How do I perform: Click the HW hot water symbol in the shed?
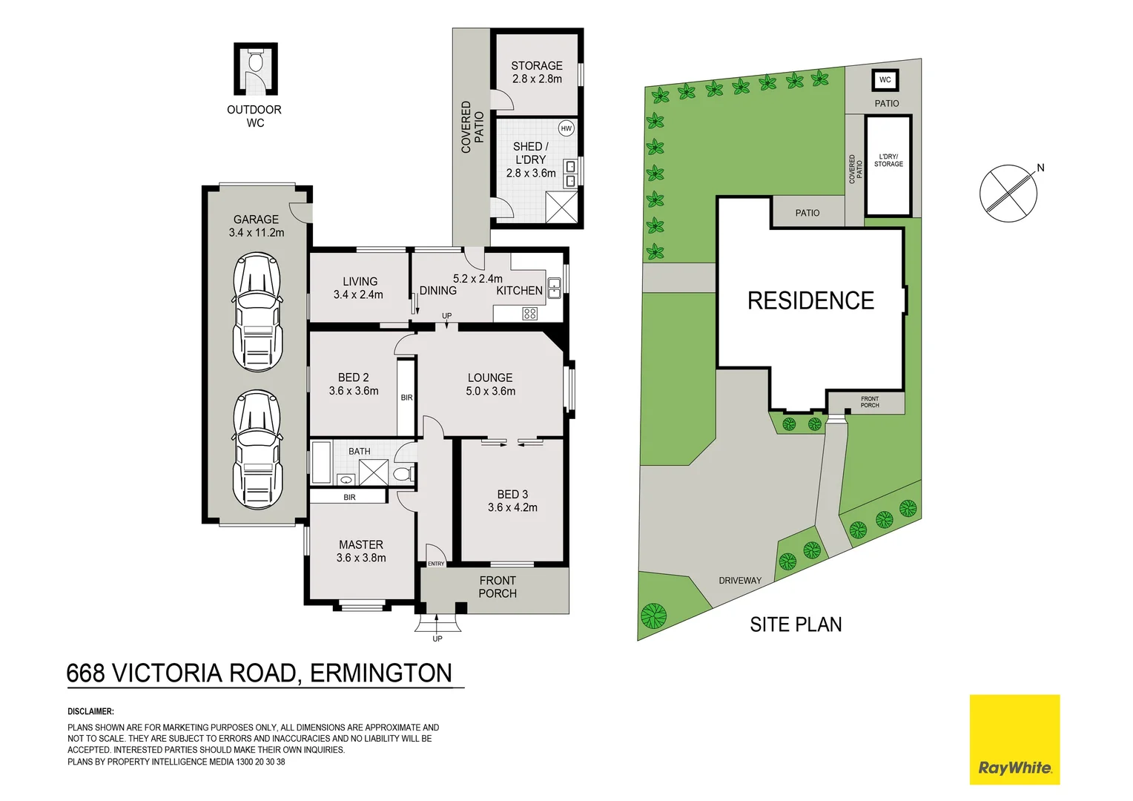pyautogui.click(x=566, y=128)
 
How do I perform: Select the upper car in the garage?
pyautogui.click(x=257, y=311)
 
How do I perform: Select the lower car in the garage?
pyautogui.click(x=257, y=449)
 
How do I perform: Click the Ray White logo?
pyautogui.click(x=1014, y=739)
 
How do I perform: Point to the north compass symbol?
pyautogui.click(x=1008, y=193)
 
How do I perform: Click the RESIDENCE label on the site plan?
pyautogui.click(x=810, y=300)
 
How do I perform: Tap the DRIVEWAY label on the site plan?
pyautogui.click(x=740, y=580)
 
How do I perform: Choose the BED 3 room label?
pyautogui.click(x=512, y=494)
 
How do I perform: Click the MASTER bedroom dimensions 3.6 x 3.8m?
pyautogui.click(x=361, y=558)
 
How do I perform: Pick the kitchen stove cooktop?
pyautogui.click(x=529, y=313)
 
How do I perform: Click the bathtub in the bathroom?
pyautogui.click(x=321, y=463)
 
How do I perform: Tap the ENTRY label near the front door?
pyautogui.click(x=436, y=564)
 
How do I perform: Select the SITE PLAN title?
pyautogui.click(x=796, y=624)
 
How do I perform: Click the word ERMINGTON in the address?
pyautogui.click(x=380, y=673)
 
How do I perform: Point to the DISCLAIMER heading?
pyautogui.click(x=90, y=711)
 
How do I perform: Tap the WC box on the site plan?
pyautogui.click(x=885, y=80)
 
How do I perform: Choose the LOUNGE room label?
pyautogui.click(x=490, y=378)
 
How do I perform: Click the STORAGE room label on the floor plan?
pyautogui.click(x=536, y=65)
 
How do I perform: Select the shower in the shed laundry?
pyautogui.click(x=561, y=206)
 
